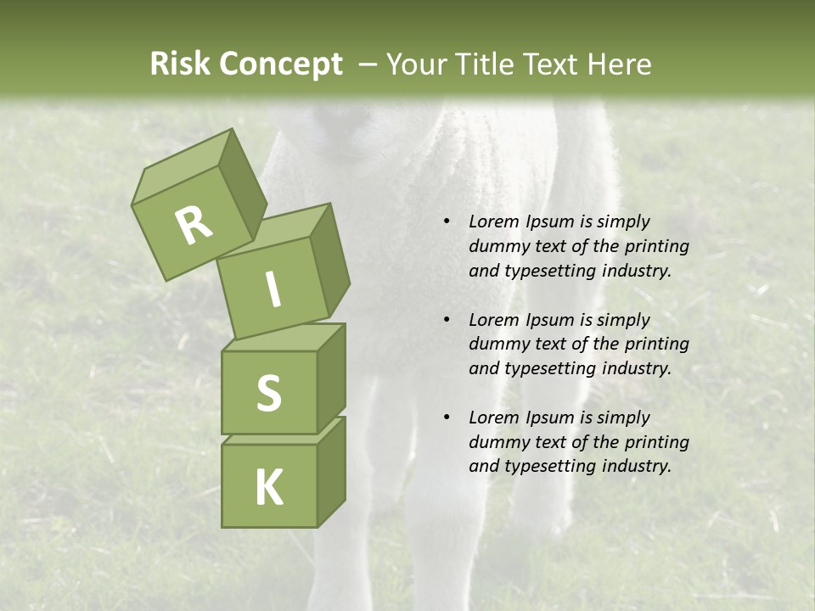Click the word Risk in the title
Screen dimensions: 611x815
click(179, 64)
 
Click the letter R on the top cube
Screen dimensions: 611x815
click(194, 225)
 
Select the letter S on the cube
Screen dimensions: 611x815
click(268, 393)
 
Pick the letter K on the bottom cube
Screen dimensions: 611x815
click(269, 487)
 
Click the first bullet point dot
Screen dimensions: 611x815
click(447, 221)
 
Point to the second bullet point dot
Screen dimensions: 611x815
click(447, 320)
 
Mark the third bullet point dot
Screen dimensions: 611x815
click(447, 418)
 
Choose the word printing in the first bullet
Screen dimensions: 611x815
click(656, 246)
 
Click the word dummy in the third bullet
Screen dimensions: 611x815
click(498, 442)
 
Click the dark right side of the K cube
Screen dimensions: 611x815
click(331, 471)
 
